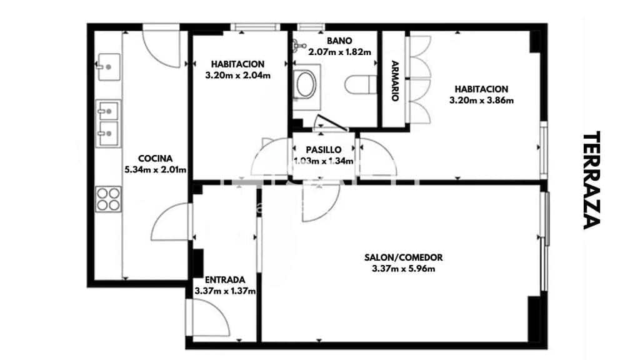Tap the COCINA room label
(155, 159)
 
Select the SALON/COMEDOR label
(404, 257)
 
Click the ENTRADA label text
(225, 279)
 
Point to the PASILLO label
(324, 150)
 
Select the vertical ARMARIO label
(395, 81)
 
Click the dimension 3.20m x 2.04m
(237, 76)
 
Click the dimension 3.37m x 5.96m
(404, 269)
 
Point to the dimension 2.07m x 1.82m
(340, 52)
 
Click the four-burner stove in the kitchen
(107, 199)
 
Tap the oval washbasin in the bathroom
(306, 84)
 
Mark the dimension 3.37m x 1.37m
(225, 291)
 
